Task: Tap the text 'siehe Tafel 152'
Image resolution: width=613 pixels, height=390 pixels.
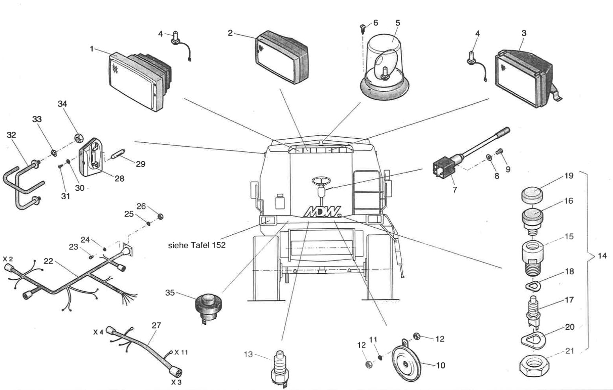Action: pos(197,245)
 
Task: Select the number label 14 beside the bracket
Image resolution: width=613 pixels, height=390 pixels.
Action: pos(602,256)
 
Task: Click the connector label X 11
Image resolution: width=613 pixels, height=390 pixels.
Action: pos(181,352)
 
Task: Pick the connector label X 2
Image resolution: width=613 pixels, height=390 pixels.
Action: pos(8,259)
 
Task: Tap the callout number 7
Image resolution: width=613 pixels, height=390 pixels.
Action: pos(455,190)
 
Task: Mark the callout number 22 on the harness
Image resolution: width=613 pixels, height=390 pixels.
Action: pos(48,261)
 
